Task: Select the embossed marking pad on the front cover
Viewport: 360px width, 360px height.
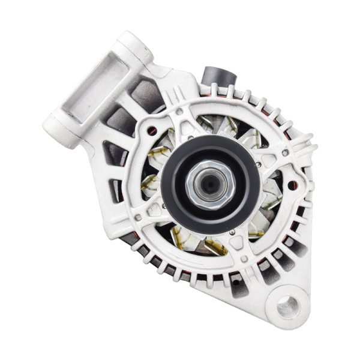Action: pyautogui.click(x=155, y=209)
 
